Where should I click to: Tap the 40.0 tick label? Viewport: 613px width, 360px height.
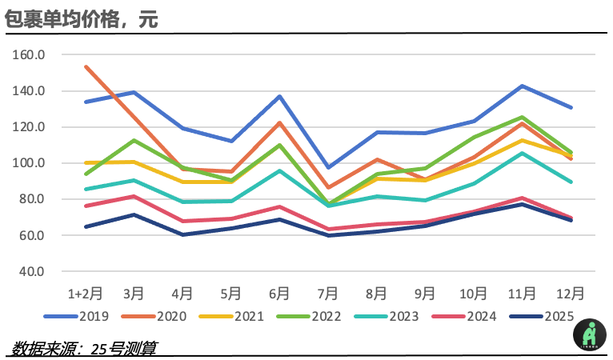pyautogui.click(x=33, y=271)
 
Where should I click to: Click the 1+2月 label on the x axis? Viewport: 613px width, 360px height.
pyautogui.click(x=85, y=293)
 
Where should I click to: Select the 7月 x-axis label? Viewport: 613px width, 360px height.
pyautogui.click(x=328, y=293)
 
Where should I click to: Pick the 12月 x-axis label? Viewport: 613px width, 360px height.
pyautogui.click(x=570, y=293)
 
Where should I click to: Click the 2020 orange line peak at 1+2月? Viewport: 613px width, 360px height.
pyautogui.click(x=86, y=66)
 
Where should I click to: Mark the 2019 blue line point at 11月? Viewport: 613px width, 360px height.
pyautogui.click(x=522, y=86)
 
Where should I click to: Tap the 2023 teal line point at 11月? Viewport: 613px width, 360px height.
pyautogui.click(x=522, y=153)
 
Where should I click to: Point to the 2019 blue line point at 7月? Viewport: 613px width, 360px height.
pyautogui.click(x=328, y=168)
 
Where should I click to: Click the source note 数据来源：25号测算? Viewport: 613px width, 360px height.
pyautogui.click(x=85, y=348)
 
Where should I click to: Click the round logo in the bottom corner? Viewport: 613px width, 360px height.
pyautogui.click(x=589, y=333)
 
